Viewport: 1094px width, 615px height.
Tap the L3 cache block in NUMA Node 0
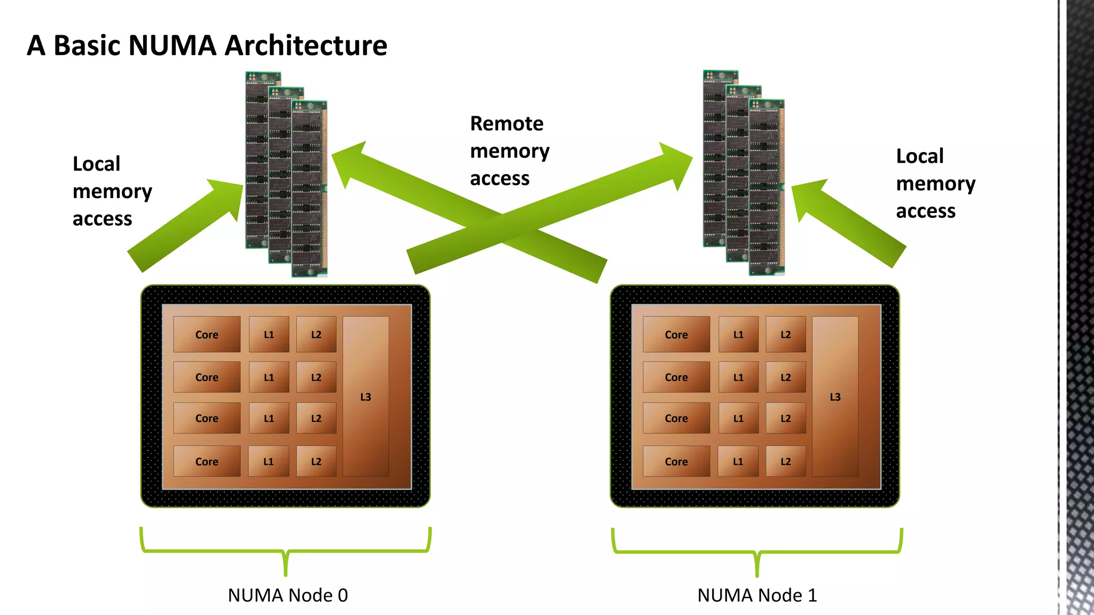click(x=365, y=397)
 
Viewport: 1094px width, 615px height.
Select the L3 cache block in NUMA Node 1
click(x=835, y=397)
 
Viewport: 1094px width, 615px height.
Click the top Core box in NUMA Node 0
click(x=207, y=335)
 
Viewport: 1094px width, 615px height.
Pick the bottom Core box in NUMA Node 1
click(x=676, y=461)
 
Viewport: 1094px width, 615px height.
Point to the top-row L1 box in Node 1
click(x=738, y=335)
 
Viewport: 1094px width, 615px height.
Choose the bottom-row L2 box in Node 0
click(x=316, y=461)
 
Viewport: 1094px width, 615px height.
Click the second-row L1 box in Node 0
click(x=269, y=377)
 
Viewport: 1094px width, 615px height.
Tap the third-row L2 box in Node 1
click(x=785, y=418)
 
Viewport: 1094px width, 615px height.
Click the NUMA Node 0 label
click(x=287, y=595)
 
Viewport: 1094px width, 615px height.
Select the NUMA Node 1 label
click(x=757, y=595)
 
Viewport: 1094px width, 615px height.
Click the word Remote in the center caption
click(x=506, y=124)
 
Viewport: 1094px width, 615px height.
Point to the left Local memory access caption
click(x=112, y=191)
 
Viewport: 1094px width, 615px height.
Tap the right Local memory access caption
click(x=935, y=184)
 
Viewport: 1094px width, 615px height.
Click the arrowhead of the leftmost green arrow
click(x=227, y=195)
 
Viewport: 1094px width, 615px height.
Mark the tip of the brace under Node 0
click(x=286, y=574)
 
